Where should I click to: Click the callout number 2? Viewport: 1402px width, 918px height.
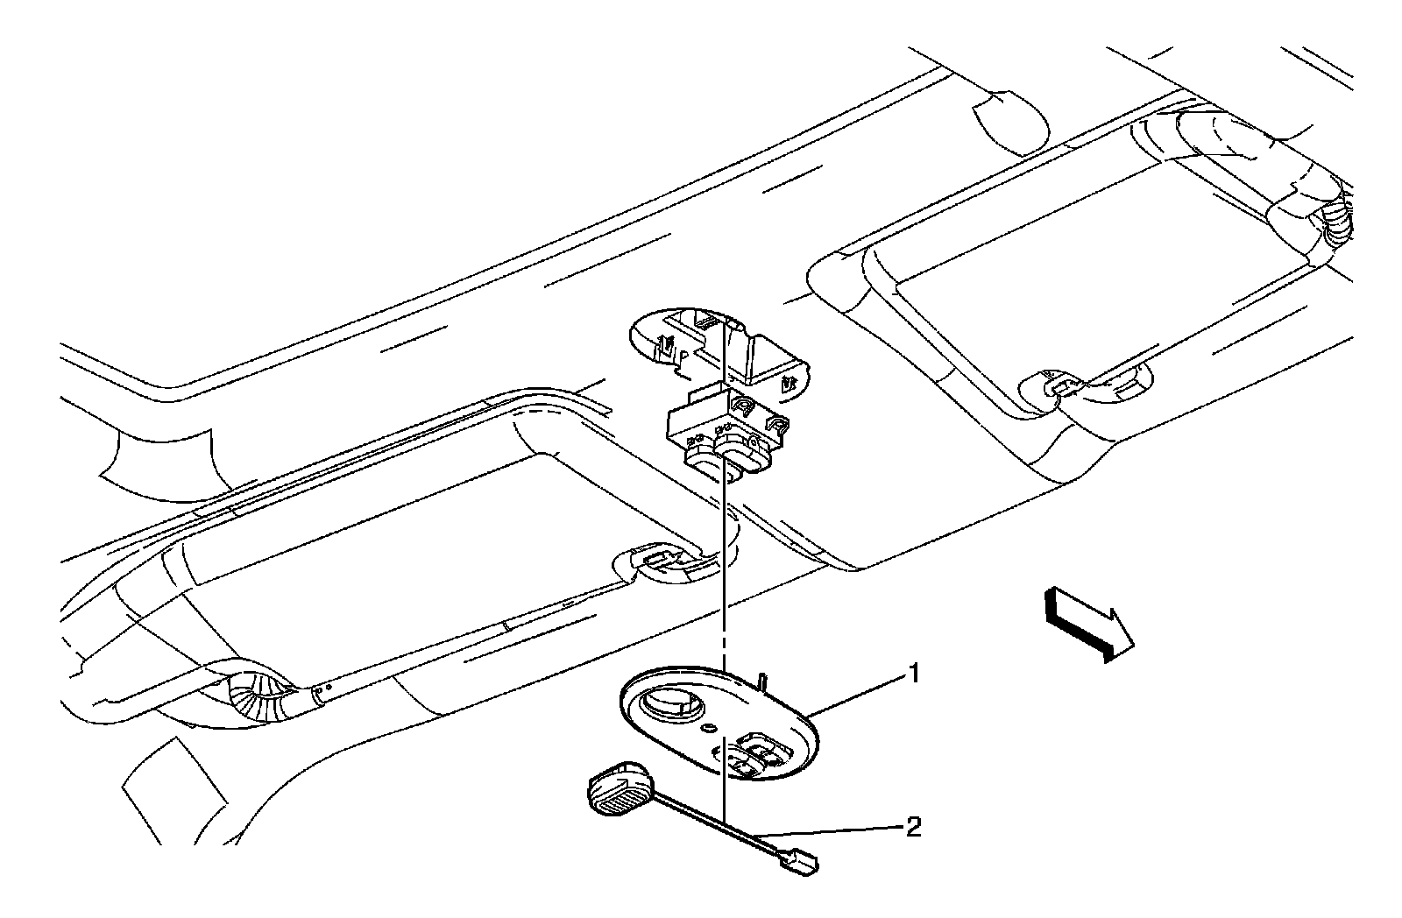913,827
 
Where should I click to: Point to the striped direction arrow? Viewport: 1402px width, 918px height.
1087,622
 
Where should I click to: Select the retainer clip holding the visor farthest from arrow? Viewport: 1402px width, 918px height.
652,560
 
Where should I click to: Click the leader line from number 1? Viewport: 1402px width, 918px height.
859,696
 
